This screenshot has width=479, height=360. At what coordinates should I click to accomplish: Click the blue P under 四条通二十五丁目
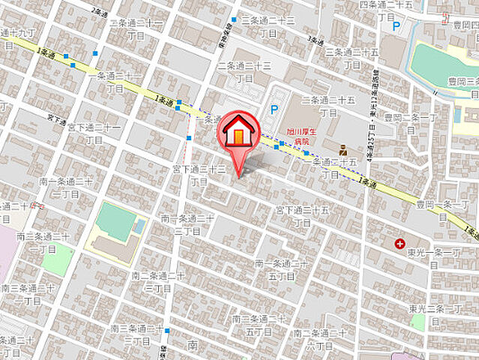click(396, 25)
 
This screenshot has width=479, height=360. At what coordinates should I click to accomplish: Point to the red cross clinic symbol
click(400, 244)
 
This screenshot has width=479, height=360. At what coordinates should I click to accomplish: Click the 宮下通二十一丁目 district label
click(93, 133)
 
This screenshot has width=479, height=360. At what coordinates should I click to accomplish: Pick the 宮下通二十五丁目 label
click(302, 214)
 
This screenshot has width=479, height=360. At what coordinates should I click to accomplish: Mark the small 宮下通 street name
click(57, 118)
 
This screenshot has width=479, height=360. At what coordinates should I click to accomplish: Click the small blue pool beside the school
click(139, 225)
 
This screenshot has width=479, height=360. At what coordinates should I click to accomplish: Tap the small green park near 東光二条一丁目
click(418, 322)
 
